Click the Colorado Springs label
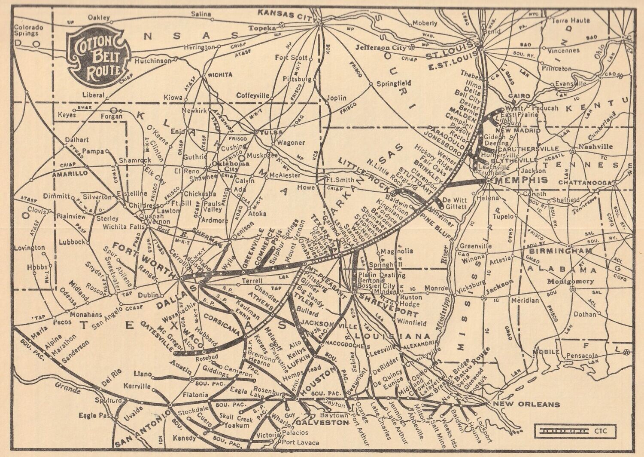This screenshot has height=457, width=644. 29,30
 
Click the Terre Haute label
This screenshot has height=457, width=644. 571,20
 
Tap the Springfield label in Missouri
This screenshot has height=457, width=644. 394,83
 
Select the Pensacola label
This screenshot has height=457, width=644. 582,356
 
